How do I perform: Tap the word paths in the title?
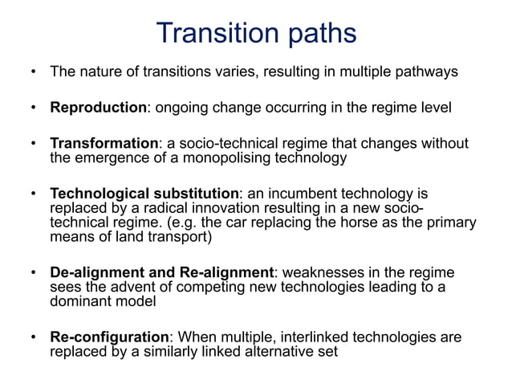click(x=316, y=35)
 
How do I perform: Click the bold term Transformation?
click(x=104, y=144)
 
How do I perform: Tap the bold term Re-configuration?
click(x=109, y=337)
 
